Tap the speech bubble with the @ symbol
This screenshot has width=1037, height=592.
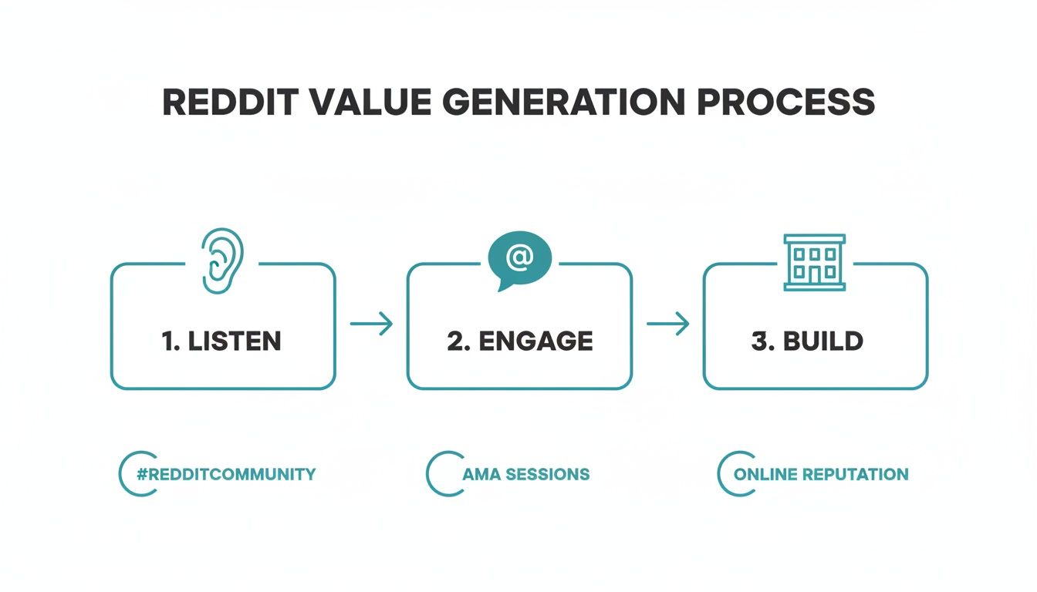[x=519, y=261]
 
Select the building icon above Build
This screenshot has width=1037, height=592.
[x=814, y=263]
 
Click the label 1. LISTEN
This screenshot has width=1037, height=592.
[x=222, y=341]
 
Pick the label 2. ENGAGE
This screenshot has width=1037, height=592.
[x=519, y=341]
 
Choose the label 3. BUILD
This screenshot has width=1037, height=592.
[x=806, y=341]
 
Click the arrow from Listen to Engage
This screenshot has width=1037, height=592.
[x=371, y=324]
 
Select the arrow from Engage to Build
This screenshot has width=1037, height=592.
[x=667, y=324]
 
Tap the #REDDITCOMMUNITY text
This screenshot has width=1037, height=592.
[x=226, y=474]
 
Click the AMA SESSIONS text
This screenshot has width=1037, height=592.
[x=525, y=474]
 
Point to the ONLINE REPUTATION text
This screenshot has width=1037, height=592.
[x=821, y=474]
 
